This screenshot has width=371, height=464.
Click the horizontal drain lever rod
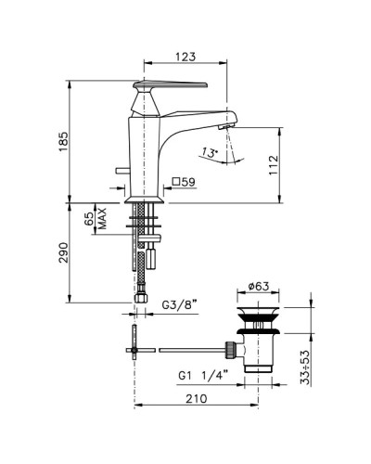(190, 350)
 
